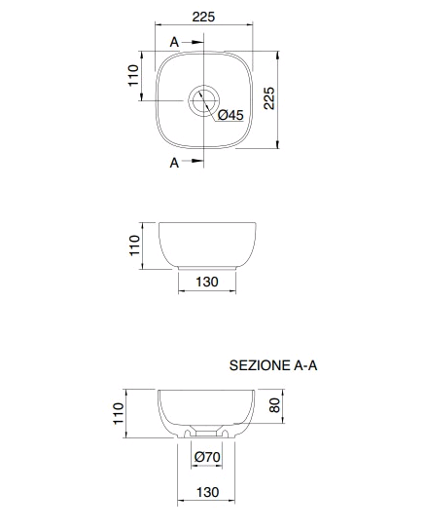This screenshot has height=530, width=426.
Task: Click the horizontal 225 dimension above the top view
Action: (203, 17)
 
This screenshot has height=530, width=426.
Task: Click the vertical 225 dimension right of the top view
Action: (269, 98)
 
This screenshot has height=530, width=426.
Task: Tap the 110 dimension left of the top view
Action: (133, 75)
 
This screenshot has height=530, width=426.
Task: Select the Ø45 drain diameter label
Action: (231, 115)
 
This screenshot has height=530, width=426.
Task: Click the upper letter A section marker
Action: (174, 42)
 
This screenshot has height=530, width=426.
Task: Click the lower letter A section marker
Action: (174, 163)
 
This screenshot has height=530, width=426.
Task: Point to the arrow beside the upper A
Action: (194, 42)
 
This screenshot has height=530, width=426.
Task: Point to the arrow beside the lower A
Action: (194, 161)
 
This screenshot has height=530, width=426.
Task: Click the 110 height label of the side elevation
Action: (134, 246)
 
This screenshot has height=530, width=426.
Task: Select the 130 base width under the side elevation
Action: (207, 282)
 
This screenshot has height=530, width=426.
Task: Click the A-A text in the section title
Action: (305, 365)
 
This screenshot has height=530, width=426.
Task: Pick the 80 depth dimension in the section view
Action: (275, 405)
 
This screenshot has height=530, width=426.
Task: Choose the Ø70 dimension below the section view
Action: (207, 457)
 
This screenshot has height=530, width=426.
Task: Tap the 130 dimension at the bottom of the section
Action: (207, 492)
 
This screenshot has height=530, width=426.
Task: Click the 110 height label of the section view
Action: (119, 413)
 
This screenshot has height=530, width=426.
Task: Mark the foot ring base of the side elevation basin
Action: (207, 268)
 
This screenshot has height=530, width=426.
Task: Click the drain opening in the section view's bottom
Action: (206, 433)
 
